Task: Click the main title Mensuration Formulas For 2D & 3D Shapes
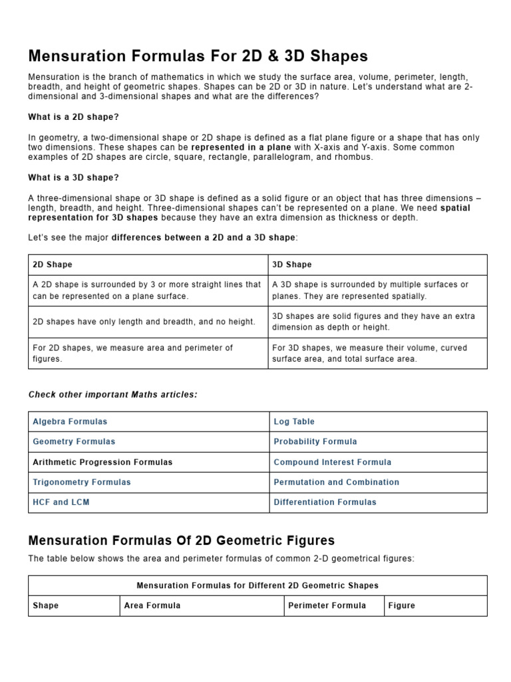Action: coord(198,55)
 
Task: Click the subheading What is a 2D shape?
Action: coord(73,117)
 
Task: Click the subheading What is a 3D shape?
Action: coord(73,178)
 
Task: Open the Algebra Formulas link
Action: coord(70,422)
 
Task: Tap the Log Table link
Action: coord(294,422)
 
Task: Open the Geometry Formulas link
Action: coord(74,442)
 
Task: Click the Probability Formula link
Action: coord(315,442)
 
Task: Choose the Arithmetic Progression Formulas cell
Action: coord(102,462)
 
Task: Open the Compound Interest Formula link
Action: coord(333,462)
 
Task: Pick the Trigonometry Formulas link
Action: coord(82,482)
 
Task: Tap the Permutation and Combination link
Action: coord(337,482)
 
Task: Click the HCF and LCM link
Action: coord(61,502)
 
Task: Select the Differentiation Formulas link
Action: coord(325,502)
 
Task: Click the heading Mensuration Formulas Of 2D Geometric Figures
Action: coord(182,540)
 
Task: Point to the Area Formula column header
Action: coord(152,605)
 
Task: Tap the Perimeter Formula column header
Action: coord(327,605)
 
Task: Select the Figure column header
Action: coord(402,605)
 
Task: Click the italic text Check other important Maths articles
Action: coord(113,395)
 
